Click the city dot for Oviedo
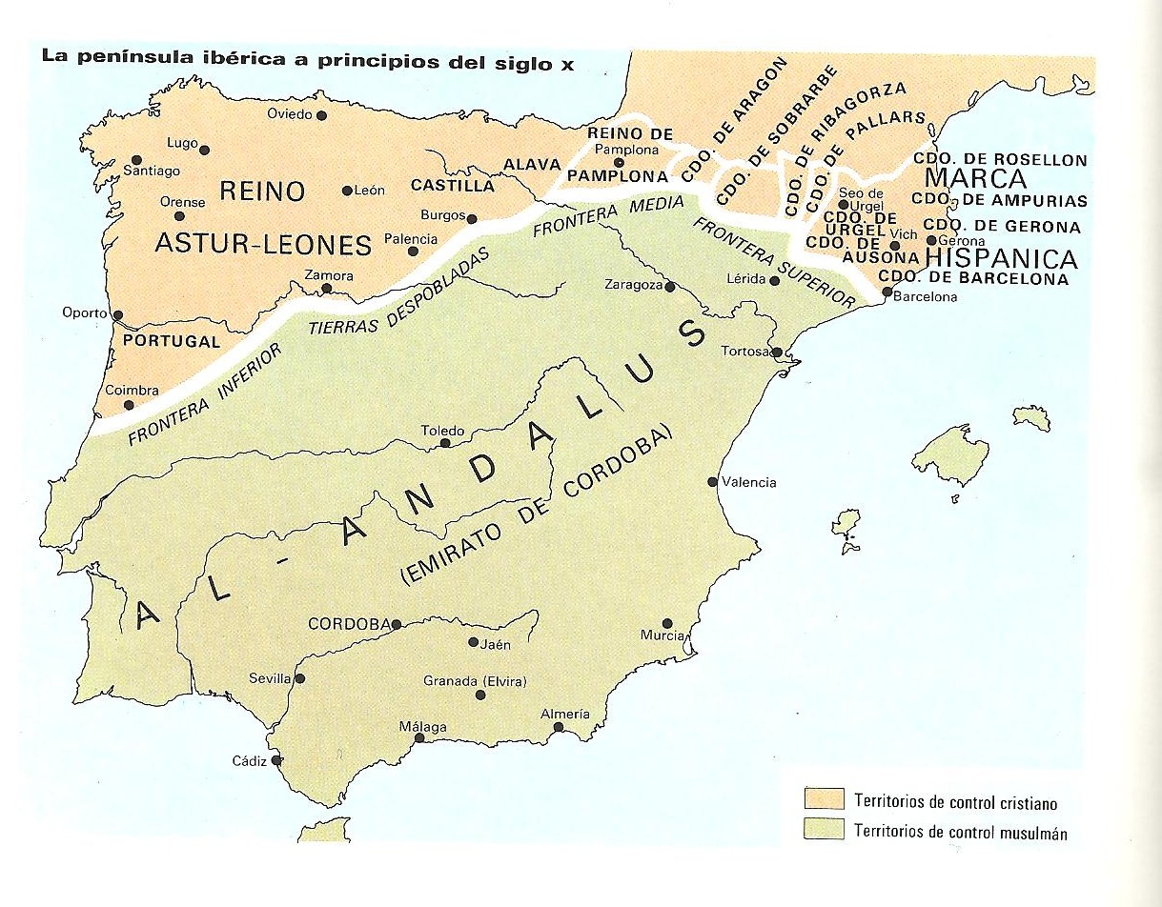coord(322,115)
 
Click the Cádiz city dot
coord(276,760)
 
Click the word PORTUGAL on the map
coord(172,341)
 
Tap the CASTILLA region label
coord(453,186)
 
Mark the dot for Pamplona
coord(619,162)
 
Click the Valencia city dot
coord(712,482)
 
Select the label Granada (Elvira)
coord(475,680)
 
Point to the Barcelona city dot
coord(887,292)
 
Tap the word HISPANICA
coord(1001,259)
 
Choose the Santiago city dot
coord(137,160)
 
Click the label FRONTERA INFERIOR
coord(204,395)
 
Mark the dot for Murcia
coord(667,621)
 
